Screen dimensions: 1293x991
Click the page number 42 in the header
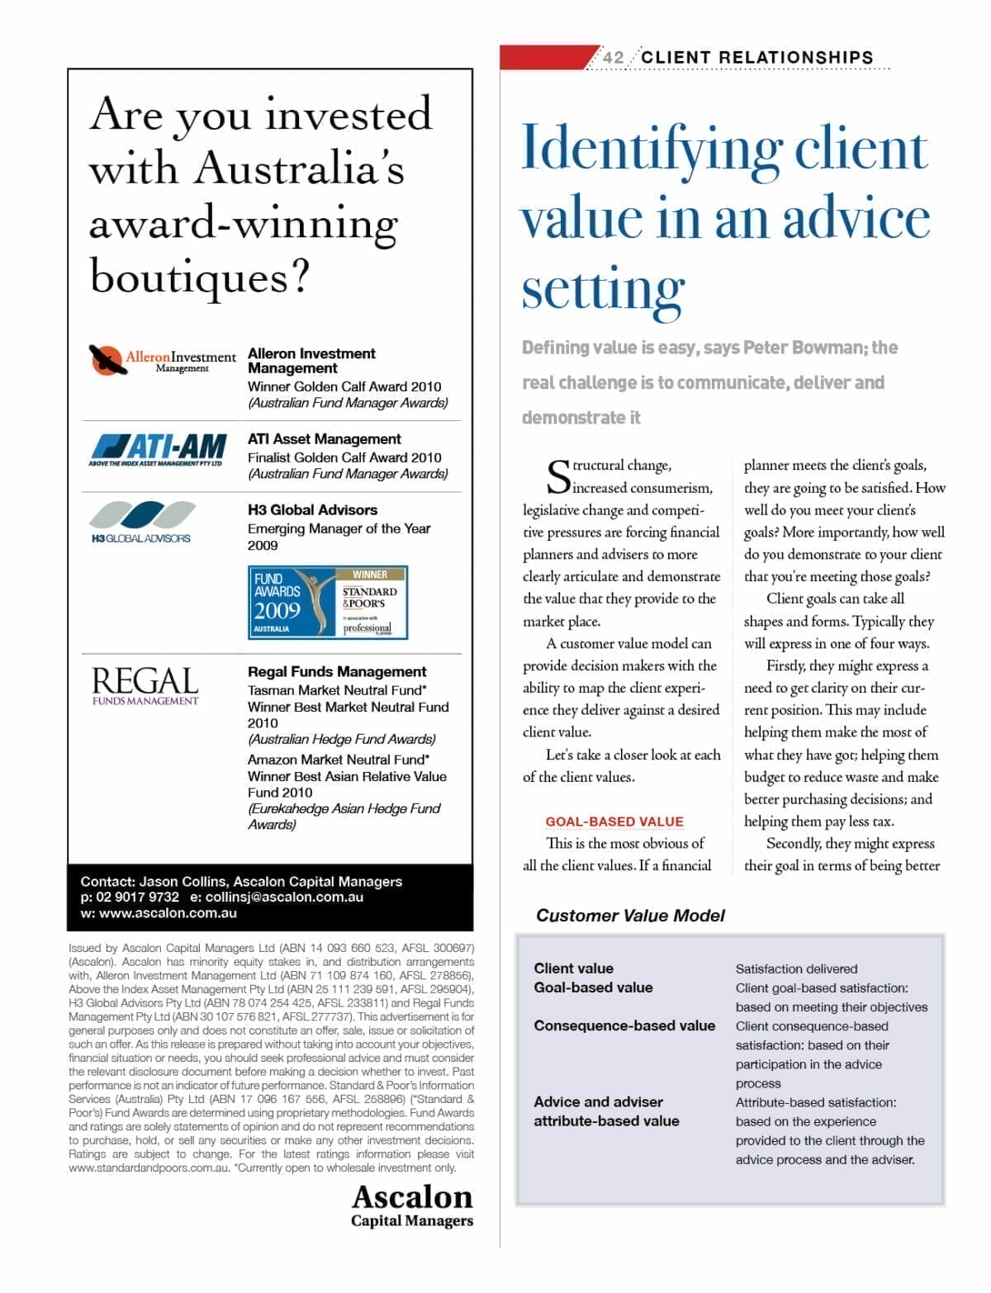click(x=613, y=57)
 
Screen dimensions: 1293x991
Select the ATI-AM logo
click(x=158, y=449)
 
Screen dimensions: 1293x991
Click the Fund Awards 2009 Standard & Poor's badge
click(x=328, y=602)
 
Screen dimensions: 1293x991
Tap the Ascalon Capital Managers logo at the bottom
click(x=412, y=1205)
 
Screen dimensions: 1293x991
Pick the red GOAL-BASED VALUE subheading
click(x=614, y=822)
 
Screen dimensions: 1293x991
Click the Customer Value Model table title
click(x=630, y=915)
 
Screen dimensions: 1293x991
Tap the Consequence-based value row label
click(x=624, y=1025)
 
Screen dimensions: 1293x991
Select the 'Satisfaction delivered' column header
click(x=796, y=969)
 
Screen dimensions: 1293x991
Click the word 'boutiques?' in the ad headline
click(x=199, y=277)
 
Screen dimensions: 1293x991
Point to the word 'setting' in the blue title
click(x=603, y=290)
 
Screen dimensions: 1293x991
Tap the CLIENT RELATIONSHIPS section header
click(x=756, y=57)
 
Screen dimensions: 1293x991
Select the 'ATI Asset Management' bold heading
click(x=324, y=439)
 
